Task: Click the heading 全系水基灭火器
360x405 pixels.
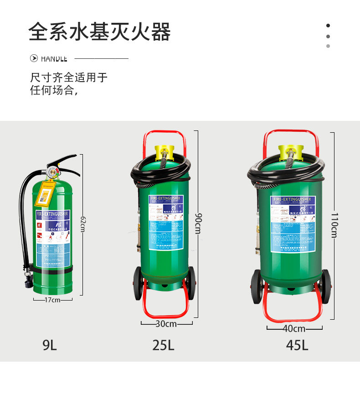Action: click(x=99, y=32)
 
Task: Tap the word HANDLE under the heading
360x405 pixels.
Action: click(x=54, y=59)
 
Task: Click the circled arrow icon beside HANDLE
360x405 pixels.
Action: click(x=34, y=58)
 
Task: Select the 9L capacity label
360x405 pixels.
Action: click(x=50, y=345)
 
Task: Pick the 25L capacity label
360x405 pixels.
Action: click(x=164, y=345)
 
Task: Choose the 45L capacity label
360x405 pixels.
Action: click(x=297, y=345)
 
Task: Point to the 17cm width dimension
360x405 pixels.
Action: click(x=52, y=300)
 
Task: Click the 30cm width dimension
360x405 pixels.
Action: click(x=166, y=324)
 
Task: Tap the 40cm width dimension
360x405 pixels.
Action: click(x=294, y=328)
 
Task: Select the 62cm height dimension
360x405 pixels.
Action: click(x=82, y=223)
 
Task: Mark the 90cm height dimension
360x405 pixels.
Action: click(x=198, y=223)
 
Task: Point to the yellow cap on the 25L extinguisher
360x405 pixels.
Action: click(x=165, y=150)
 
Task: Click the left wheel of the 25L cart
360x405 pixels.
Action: click(x=138, y=283)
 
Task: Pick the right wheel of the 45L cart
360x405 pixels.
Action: click(x=326, y=286)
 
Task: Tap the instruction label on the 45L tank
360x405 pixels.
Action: click(x=293, y=223)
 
